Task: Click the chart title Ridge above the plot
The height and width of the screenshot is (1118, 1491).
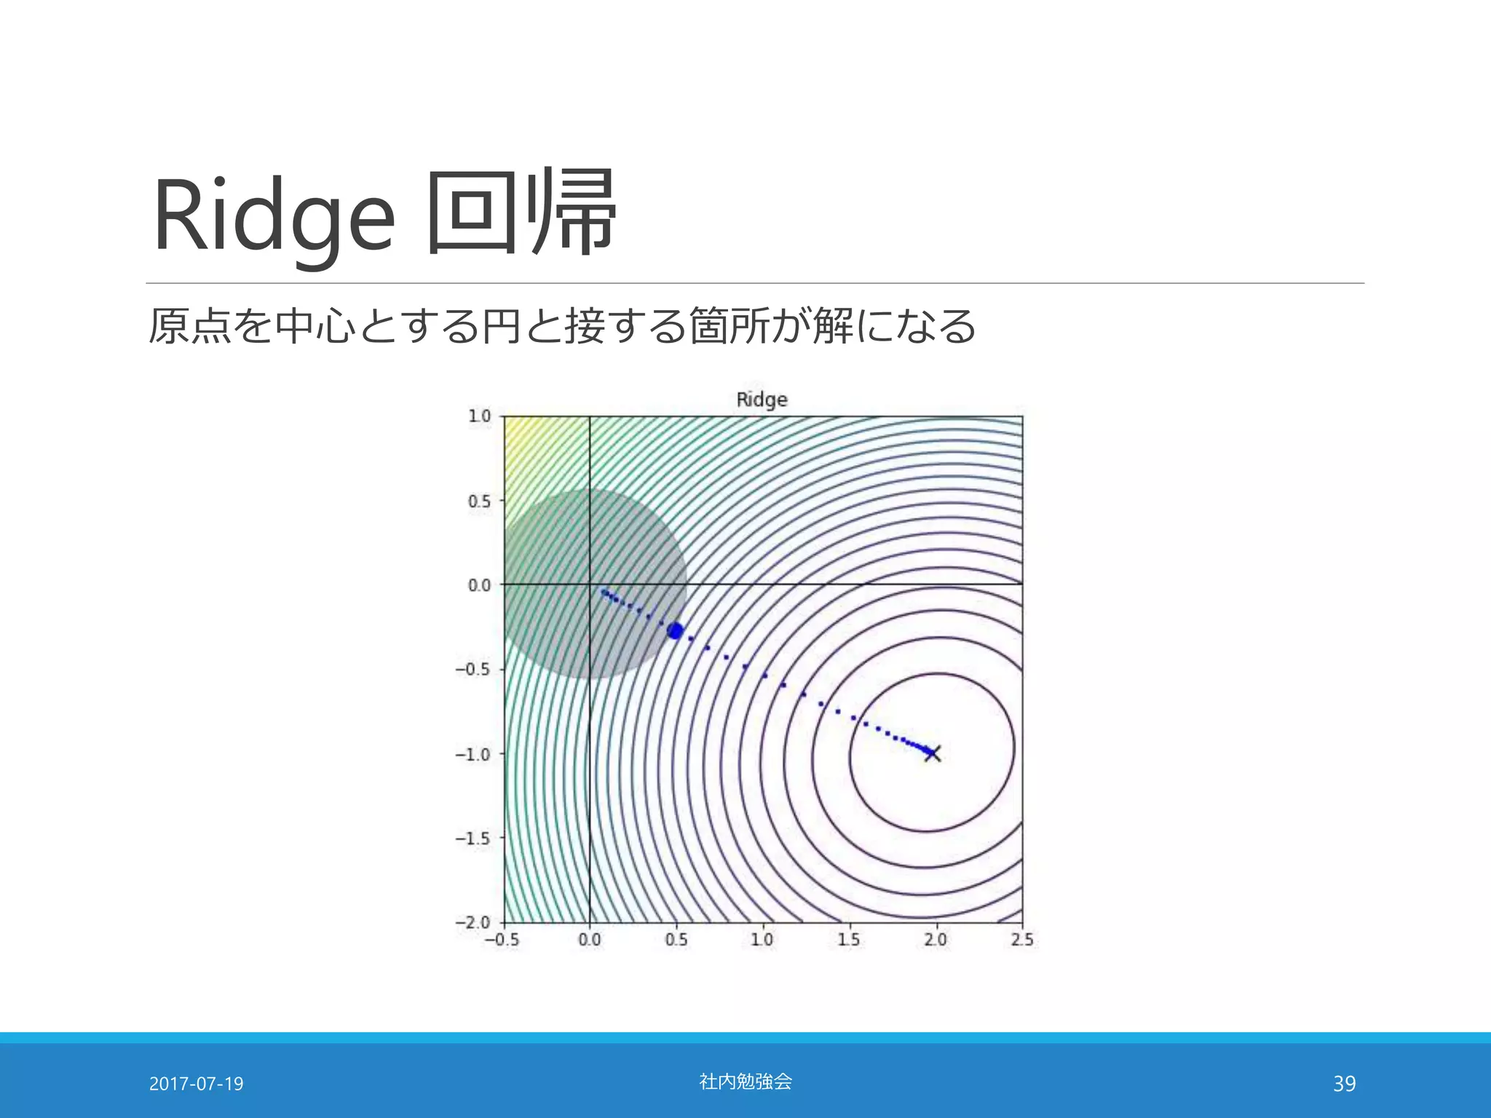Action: coord(762,400)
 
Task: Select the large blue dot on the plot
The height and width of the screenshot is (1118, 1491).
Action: coord(675,631)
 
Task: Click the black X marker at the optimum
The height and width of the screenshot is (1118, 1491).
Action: coord(933,753)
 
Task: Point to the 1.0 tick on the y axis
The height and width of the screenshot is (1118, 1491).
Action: coord(480,416)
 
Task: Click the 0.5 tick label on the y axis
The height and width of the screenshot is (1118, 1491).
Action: coord(480,501)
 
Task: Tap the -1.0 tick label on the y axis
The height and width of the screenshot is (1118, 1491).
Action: coord(474,754)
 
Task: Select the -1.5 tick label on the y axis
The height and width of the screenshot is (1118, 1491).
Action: coord(474,838)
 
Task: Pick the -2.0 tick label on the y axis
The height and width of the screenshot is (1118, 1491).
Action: coord(474,922)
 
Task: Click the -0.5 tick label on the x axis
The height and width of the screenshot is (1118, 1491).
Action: coord(502,940)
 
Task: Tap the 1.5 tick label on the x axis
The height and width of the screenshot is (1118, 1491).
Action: coord(849,940)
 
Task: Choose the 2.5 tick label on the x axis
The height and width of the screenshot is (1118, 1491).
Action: coord(1022,940)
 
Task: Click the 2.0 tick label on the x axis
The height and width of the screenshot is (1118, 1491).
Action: coord(936,940)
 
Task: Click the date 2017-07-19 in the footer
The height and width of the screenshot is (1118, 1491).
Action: coord(196,1084)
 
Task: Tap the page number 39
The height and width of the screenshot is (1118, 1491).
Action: coord(1344,1084)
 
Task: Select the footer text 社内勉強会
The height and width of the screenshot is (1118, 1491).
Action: coord(745,1082)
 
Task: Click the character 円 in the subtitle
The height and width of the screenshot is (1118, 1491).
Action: coord(500,326)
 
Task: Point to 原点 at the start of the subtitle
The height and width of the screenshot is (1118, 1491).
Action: coord(190,326)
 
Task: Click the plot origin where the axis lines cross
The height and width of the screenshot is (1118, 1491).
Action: coord(589,584)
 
